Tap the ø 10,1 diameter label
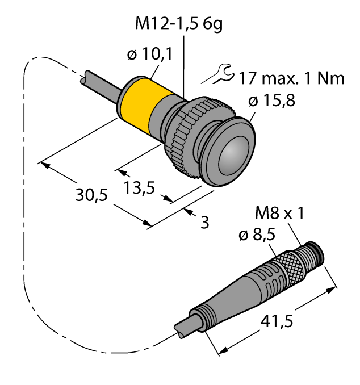coord(150,56)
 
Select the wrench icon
coord(219,73)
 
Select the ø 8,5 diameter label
coord(257,234)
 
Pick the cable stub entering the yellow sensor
coord(100,83)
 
